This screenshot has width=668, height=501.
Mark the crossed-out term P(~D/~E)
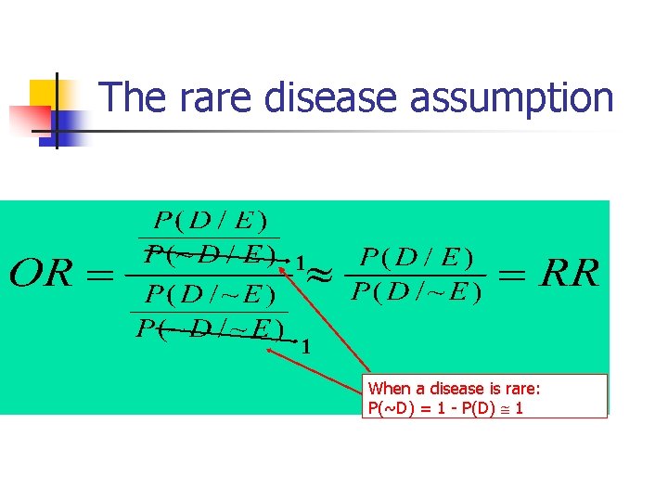(x=210, y=328)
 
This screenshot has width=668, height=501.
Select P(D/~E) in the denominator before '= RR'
(x=416, y=293)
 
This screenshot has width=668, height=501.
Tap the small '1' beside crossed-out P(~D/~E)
(x=306, y=347)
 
